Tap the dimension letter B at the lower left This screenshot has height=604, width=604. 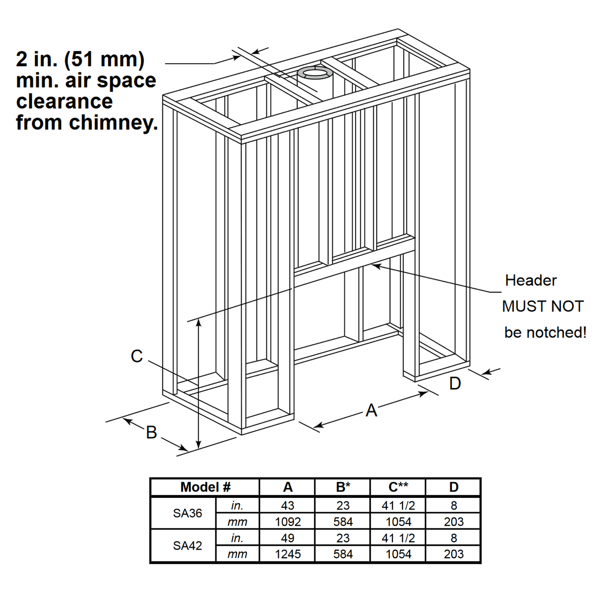pyautogui.click(x=151, y=433)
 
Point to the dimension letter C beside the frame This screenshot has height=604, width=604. pyautogui.click(x=137, y=356)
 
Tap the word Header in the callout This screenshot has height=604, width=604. pyautogui.click(x=531, y=280)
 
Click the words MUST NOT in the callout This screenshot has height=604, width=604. pyautogui.click(x=543, y=306)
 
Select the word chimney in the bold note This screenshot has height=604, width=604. pyautogui.click(x=113, y=122)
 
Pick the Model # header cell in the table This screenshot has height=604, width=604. pyautogui.click(x=205, y=487)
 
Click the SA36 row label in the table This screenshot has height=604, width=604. pyautogui.click(x=187, y=513)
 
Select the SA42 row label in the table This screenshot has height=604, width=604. pyautogui.click(x=187, y=546)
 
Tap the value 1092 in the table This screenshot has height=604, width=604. pyautogui.click(x=288, y=522)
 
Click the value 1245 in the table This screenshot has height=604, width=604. pyautogui.click(x=288, y=554)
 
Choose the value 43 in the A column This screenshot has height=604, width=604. pyautogui.click(x=288, y=506)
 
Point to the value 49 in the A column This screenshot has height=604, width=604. pyautogui.click(x=288, y=538)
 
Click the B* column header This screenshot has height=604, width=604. pyautogui.click(x=343, y=487)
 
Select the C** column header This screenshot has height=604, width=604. pyautogui.click(x=398, y=487)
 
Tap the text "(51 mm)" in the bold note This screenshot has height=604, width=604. pyautogui.click(x=104, y=59)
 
